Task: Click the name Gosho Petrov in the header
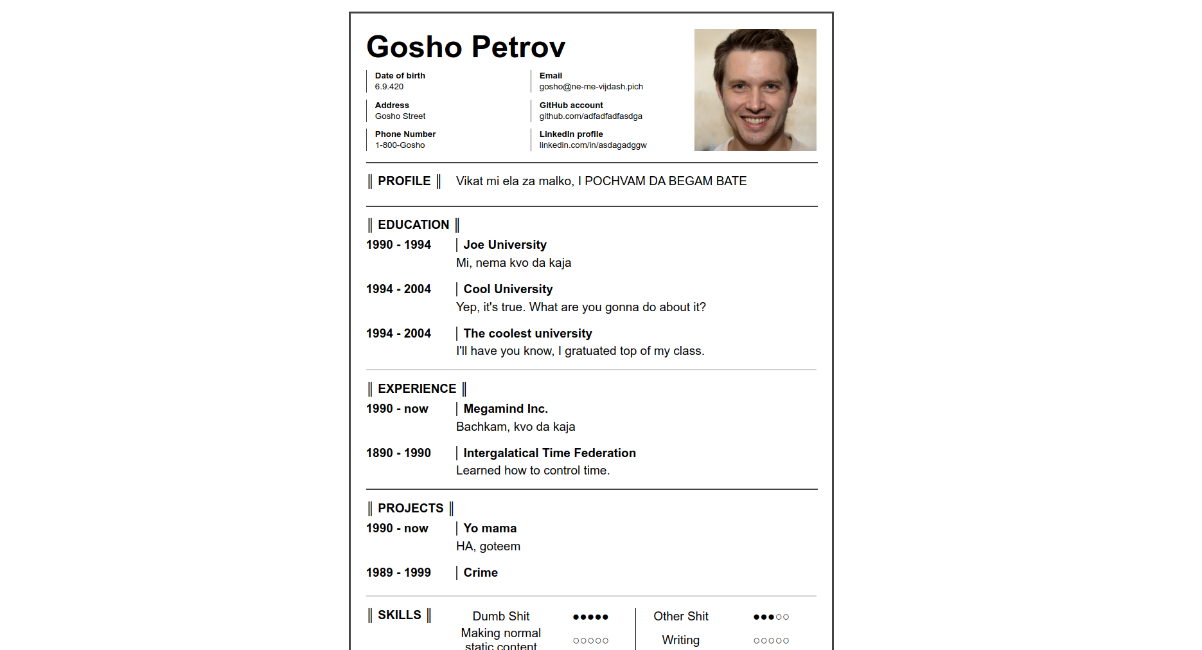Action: [x=466, y=47]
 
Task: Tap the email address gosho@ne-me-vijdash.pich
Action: [x=591, y=87]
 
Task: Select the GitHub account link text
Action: [x=590, y=116]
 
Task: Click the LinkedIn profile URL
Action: [x=593, y=145]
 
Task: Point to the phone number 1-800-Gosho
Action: [x=400, y=145]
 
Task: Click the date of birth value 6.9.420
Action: [x=389, y=87]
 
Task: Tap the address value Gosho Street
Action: [x=400, y=116]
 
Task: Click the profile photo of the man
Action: [x=755, y=90]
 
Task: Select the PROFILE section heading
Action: [x=404, y=181]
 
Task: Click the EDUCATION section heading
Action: [x=413, y=225]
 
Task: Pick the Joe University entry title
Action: [x=505, y=245]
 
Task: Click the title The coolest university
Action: [x=527, y=334]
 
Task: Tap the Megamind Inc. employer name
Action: [x=506, y=409]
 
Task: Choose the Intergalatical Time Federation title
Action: [x=549, y=453]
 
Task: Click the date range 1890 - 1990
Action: [x=398, y=453]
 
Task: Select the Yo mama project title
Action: [x=490, y=528]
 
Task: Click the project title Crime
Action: [x=481, y=573]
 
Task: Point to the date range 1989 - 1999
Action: [x=398, y=573]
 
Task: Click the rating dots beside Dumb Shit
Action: [x=590, y=617]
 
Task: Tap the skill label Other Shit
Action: [x=680, y=617]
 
